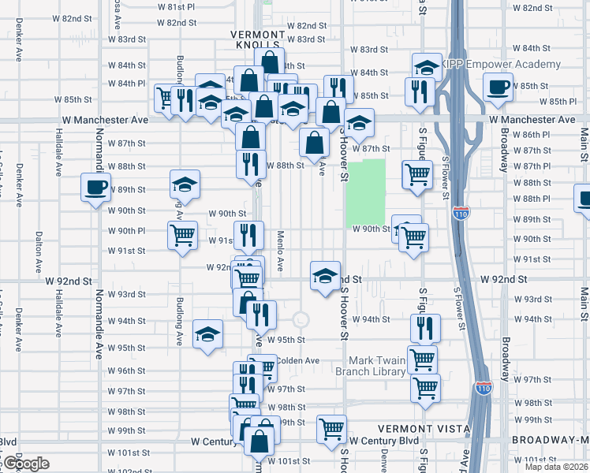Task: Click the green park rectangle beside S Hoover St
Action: (365, 193)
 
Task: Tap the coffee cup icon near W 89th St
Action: (95, 188)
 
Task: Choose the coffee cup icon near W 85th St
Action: (499, 87)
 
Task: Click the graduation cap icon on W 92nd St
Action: (325, 277)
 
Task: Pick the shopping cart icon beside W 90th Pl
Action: (182, 235)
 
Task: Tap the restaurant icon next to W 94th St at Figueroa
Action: (425, 326)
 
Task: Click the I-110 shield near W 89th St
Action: (462, 214)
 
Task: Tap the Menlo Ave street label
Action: (280, 251)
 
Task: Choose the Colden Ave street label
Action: (297, 361)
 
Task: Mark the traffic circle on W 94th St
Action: (300, 319)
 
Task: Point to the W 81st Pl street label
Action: (175, 6)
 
